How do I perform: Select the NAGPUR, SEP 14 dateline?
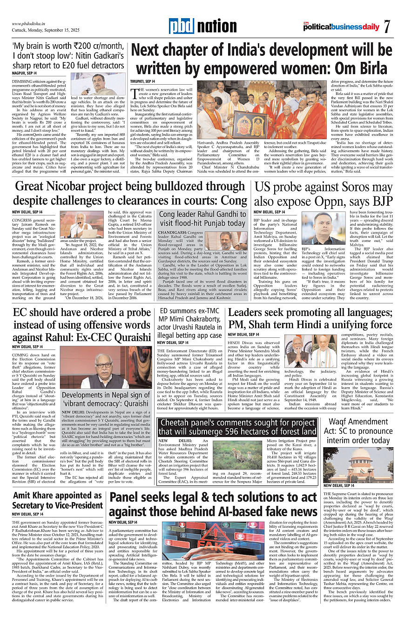click(x=24, y=73)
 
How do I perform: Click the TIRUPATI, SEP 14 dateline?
click(x=143, y=82)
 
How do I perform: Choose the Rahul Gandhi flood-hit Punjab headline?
click(x=203, y=219)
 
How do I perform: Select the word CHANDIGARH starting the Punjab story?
click(x=175, y=232)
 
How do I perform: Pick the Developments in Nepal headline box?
click(x=107, y=400)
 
